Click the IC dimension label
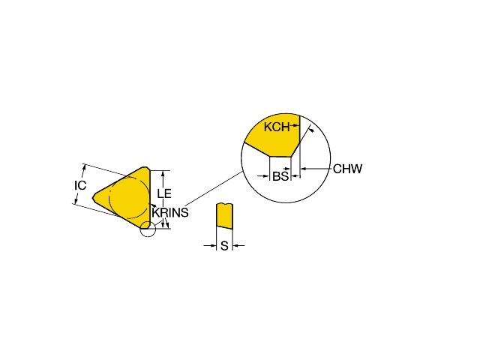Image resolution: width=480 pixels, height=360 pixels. pyautogui.click(x=80, y=185)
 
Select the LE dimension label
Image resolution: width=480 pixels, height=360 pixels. pyautogui.click(x=164, y=193)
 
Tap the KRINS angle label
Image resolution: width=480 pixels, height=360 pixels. pyautogui.click(x=170, y=212)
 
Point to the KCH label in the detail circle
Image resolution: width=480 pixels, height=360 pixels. pyautogui.click(x=277, y=127)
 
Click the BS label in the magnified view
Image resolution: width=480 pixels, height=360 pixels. pyautogui.click(x=280, y=176)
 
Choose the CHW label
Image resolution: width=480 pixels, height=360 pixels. pyautogui.click(x=347, y=169)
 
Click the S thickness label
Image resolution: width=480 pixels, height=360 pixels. pyautogui.click(x=225, y=245)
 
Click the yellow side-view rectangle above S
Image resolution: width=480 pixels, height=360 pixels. pyautogui.click(x=224, y=215)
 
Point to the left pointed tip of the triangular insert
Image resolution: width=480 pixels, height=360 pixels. pyautogui.click(x=93, y=196)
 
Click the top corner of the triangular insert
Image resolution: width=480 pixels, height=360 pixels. pyautogui.click(x=146, y=167)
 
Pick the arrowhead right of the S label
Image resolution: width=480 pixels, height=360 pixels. pyautogui.click(x=235, y=245)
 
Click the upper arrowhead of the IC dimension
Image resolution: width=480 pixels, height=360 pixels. pyautogui.click(x=84, y=167)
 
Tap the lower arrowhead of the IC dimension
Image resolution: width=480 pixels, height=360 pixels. pyautogui.click(x=75, y=202)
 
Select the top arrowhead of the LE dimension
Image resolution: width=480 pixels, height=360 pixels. pyautogui.click(x=163, y=173)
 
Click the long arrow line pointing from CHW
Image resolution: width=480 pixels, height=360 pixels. pyautogui.click(x=316, y=168)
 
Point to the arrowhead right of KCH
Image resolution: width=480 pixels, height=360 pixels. pyautogui.click(x=295, y=125)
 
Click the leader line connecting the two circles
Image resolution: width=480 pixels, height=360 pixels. pyautogui.click(x=214, y=189)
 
